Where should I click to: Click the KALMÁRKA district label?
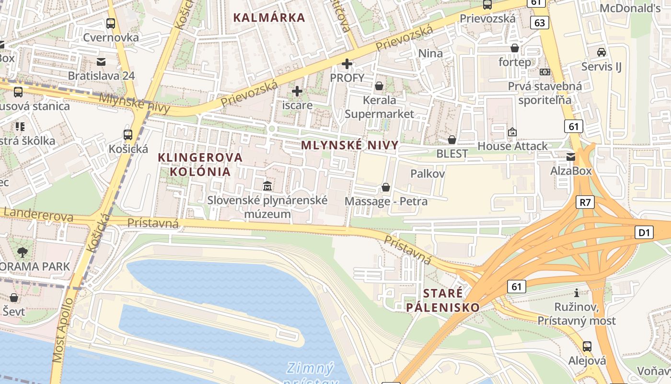[x=269, y=18]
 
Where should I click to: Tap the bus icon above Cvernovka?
[x=111, y=23]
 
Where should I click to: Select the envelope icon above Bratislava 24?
[x=101, y=61]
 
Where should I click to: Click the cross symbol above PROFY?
[x=347, y=63]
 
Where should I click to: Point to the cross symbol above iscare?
[x=297, y=91]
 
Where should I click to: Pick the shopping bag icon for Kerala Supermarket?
[x=379, y=86]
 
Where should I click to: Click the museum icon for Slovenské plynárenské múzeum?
[x=267, y=186]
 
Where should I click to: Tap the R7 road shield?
[x=585, y=202]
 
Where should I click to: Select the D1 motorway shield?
[x=645, y=233]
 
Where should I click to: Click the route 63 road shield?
[x=539, y=23]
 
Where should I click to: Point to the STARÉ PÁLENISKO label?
[x=443, y=300]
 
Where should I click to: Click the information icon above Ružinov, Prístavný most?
[x=577, y=293]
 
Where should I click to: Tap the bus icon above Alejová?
[x=587, y=346]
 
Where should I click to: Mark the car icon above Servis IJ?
[x=601, y=52]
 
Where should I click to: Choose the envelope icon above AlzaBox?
[x=571, y=157]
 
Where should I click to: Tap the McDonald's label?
[x=630, y=8]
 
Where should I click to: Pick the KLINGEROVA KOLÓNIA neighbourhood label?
[x=200, y=164]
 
